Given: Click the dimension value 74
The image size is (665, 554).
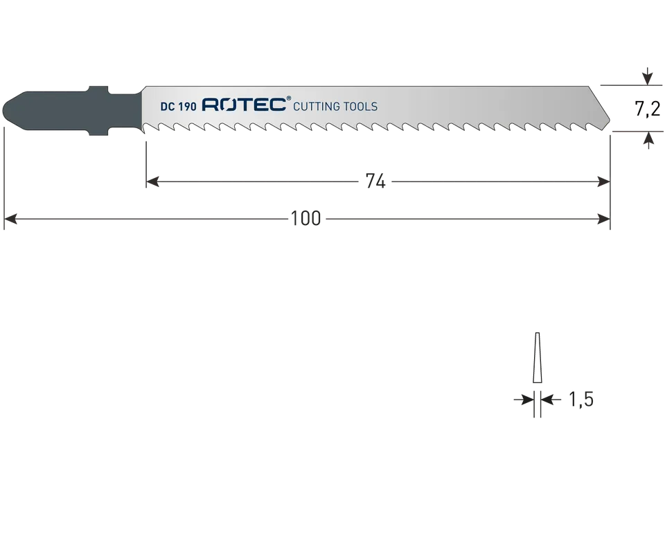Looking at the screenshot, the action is click(375, 181).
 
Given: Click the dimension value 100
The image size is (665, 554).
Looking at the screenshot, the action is click(305, 219).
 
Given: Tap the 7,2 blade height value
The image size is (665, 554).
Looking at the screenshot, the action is click(648, 109).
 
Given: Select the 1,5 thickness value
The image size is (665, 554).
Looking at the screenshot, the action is click(580, 400).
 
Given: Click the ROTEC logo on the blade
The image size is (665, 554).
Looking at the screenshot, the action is click(244, 105).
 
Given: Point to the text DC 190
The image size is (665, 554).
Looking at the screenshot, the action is click(179, 107).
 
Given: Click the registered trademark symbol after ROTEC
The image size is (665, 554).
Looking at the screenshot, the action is click(290, 98).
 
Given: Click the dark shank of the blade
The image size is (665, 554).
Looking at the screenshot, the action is click(72, 111).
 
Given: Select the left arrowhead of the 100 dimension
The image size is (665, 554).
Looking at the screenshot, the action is click(10, 219).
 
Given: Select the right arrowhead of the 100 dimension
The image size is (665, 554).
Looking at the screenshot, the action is click(603, 219).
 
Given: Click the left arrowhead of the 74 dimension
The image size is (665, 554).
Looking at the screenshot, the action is click(152, 182).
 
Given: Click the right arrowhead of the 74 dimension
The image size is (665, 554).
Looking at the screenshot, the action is click(603, 182).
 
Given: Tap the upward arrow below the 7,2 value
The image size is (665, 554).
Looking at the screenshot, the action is click(648, 141).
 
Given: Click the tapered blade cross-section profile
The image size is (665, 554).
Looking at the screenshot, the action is click(538, 358).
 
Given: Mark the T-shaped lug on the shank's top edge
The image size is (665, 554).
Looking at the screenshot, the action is click(98, 91).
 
